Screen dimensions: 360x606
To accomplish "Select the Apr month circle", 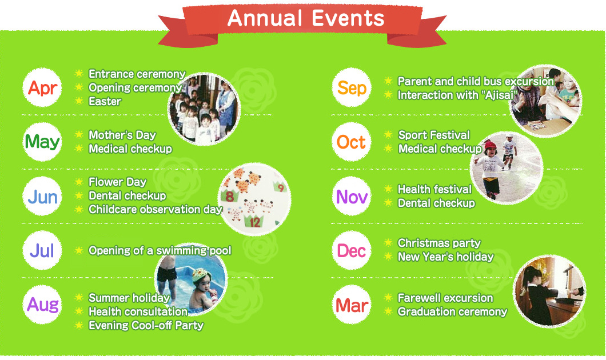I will click(x=42, y=88).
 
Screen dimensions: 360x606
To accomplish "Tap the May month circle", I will click(x=42, y=142).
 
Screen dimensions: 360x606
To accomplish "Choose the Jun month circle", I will click(x=42, y=197).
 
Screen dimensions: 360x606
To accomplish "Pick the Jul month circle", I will click(x=42, y=250).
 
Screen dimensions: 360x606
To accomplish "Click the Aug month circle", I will click(x=42, y=305).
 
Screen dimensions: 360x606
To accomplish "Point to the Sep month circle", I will click(x=352, y=88).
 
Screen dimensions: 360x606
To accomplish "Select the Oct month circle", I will click(x=352, y=142).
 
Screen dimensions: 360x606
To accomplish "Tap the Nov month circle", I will click(x=352, y=197).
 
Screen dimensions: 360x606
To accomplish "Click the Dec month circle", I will click(x=352, y=250).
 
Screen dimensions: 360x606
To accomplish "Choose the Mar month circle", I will click(x=352, y=305).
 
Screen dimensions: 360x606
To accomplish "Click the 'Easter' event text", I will click(x=105, y=102).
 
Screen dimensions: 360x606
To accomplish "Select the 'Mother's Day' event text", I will click(x=122, y=135).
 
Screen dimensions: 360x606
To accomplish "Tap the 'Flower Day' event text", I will click(x=118, y=182).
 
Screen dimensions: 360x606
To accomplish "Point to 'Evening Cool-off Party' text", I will click(x=146, y=326).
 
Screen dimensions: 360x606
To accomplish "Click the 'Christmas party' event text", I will click(x=439, y=243).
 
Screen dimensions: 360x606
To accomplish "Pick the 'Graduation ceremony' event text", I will click(x=452, y=312).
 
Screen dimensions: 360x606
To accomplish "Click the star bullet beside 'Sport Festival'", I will click(x=388, y=135).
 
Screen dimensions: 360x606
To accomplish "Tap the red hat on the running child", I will click(x=490, y=146).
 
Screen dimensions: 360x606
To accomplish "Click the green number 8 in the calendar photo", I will click(x=230, y=197).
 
